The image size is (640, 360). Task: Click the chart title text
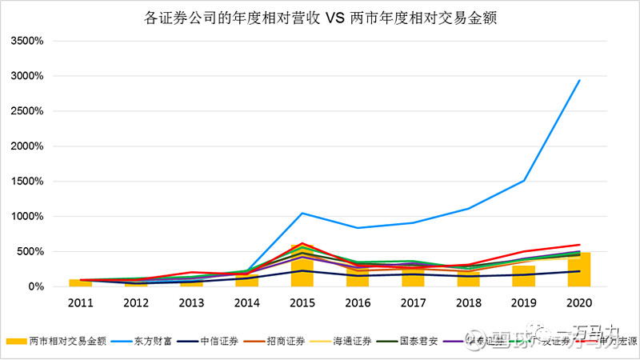pyautogui.click(x=320, y=17)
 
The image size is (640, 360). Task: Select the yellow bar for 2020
pyautogui.click(x=579, y=270)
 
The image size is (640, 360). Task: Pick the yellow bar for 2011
pyautogui.click(x=80, y=282)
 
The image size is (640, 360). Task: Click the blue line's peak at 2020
pyautogui.click(x=579, y=80)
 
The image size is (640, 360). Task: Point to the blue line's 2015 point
pyautogui.click(x=302, y=213)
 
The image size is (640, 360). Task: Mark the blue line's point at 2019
pyautogui.click(x=523, y=180)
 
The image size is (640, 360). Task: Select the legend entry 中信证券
pyautogui.click(x=201, y=340)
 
